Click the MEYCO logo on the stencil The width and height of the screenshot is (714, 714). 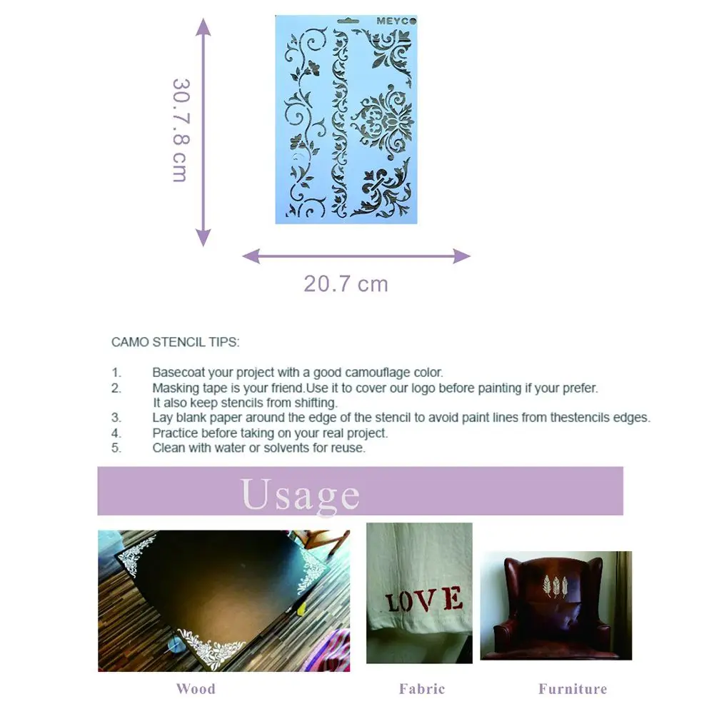pyautogui.click(x=396, y=22)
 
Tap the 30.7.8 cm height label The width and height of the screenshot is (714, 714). pyautogui.click(x=179, y=129)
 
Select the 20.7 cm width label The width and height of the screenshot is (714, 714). pyautogui.click(x=346, y=283)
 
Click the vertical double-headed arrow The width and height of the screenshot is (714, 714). pyautogui.click(x=203, y=132)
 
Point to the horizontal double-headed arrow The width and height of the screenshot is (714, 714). pyautogui.click(x=356, y=256)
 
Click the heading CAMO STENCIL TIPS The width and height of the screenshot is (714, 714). pyautogui.click(x=175, y=342)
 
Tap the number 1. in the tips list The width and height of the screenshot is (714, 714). pyautogui.click(x=116, y=372)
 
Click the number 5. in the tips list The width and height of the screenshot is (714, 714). pyautogui.click(x=116, y=448)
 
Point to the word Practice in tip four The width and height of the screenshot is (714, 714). pyautogui.click(x=174, y=433)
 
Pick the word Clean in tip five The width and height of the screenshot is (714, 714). pyautogui.click(x=167, y=448)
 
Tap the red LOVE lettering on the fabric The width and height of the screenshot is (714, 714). pyautogui.click(x=424, y=598)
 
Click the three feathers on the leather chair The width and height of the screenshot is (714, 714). pyautogui.click(x=553, y=583)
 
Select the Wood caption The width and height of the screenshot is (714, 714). pyautogui.click(x=195, y=689)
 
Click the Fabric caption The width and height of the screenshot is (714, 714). pyautogui.click(x=421, y=689)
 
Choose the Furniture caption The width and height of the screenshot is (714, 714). pyautogui.click(x=572, y=689)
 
